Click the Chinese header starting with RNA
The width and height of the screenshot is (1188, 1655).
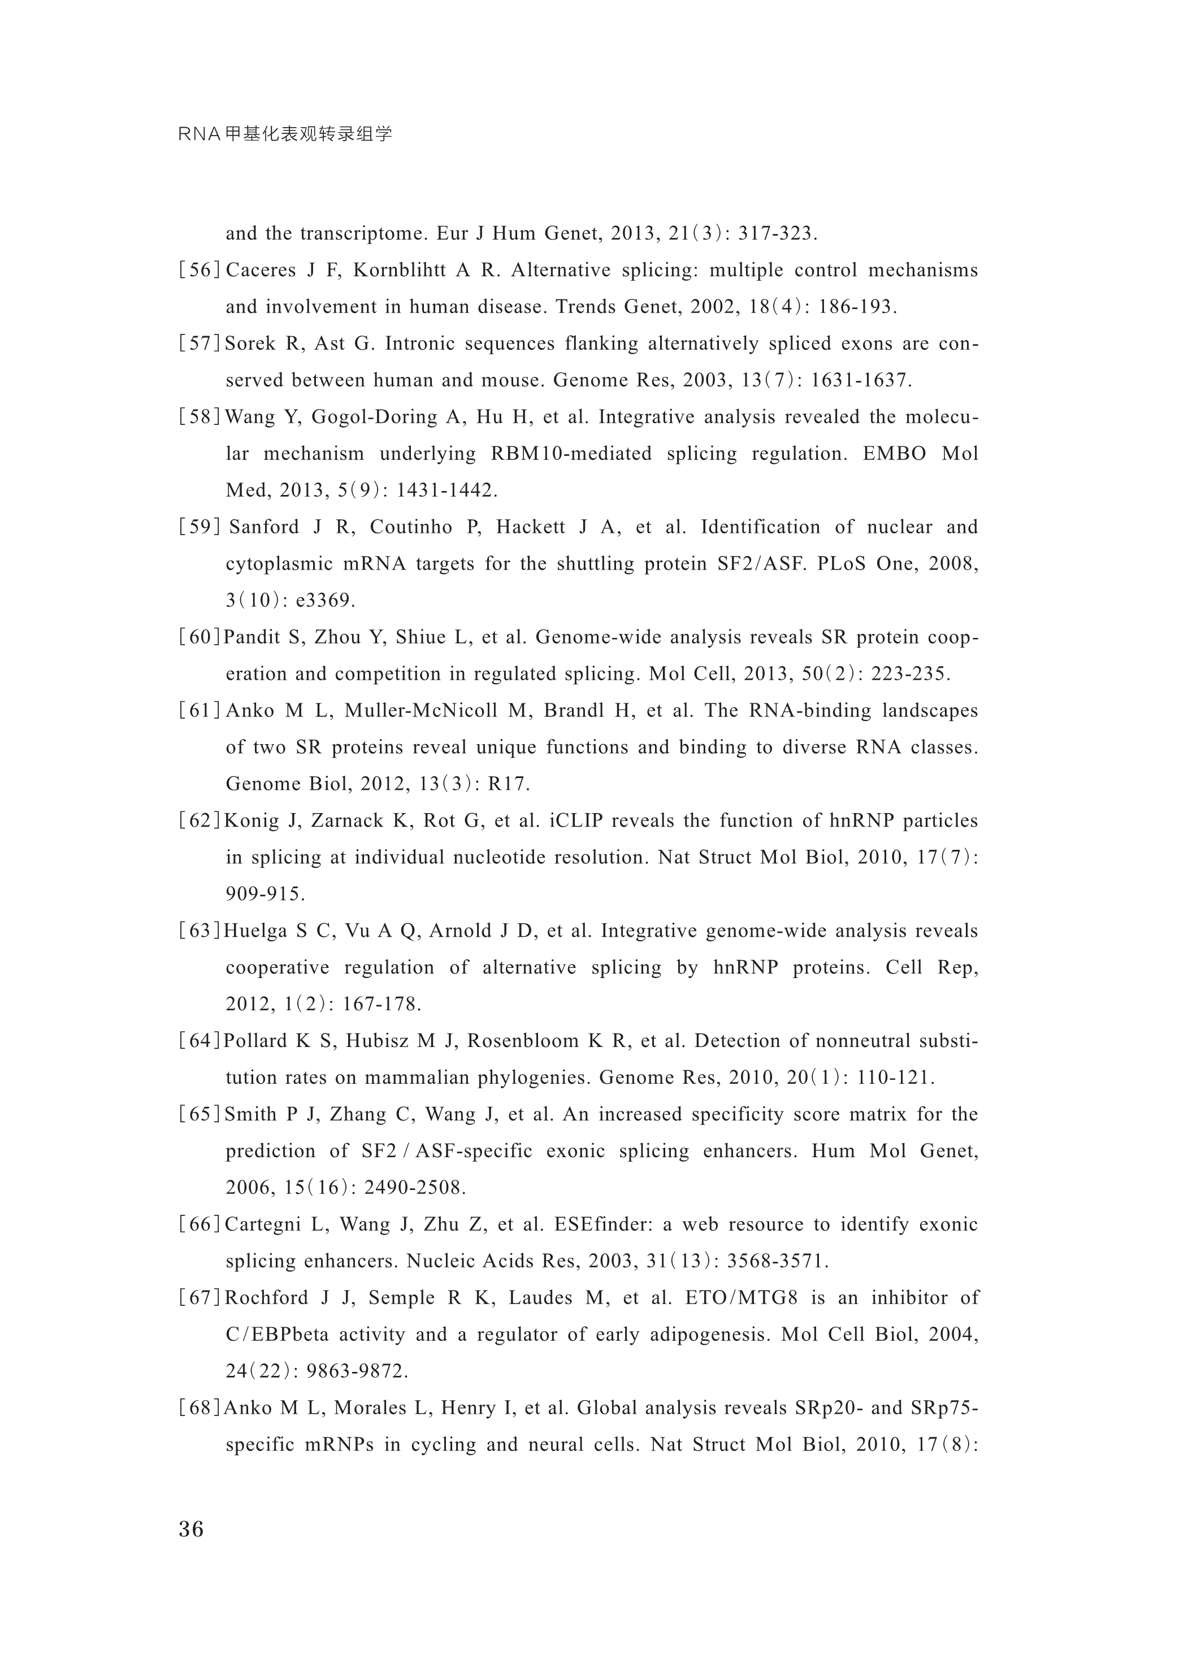[285, 134]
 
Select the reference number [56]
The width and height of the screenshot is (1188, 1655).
[199, 271]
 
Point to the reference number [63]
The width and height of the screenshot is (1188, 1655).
[199, 931]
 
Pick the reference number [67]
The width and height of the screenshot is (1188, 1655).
[199, 1298]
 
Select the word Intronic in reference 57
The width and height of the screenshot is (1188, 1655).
[419, 344]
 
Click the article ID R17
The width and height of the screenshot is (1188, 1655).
[509, 784]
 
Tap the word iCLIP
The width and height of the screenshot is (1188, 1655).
[576, 821]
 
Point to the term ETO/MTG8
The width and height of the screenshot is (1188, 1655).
[742, 1298]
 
